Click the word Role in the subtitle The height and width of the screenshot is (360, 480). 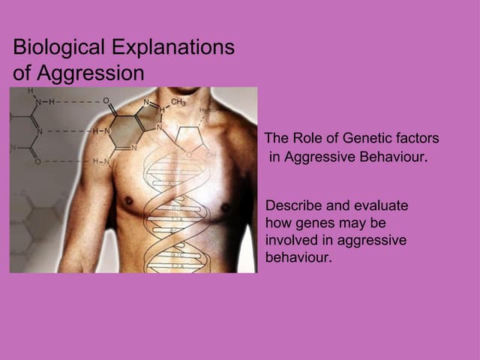click(x=307, y=139)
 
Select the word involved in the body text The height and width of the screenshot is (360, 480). click(x=291, y=240)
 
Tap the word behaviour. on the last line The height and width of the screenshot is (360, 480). click(x=298, y=257)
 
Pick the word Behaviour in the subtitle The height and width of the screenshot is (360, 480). click(x=391, y=158)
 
